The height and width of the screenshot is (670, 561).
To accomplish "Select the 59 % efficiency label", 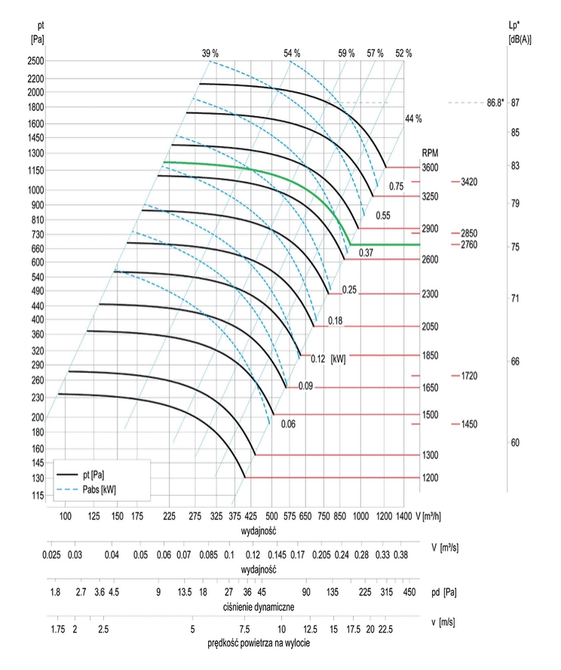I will [x=346, y=53].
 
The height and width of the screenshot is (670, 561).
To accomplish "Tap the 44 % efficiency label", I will [x=413, y=119].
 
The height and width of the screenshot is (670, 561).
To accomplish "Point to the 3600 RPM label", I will [x=429, y=167].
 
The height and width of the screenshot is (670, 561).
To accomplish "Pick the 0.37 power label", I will [x=367, y=250].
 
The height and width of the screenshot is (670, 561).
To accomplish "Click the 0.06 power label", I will [x=288, y=424].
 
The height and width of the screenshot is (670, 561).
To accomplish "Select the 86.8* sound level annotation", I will [x=495, y=102].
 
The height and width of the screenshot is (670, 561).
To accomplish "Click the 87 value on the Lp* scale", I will [x=515, y=102].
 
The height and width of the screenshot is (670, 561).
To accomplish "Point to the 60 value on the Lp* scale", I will [x=515, y=442].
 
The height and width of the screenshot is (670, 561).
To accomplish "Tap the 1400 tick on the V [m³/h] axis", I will [x=403, y=516].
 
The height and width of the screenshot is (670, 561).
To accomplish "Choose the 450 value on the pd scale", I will [x=409, y=592].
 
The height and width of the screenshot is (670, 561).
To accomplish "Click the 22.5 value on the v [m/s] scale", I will [x=386, y=629].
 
